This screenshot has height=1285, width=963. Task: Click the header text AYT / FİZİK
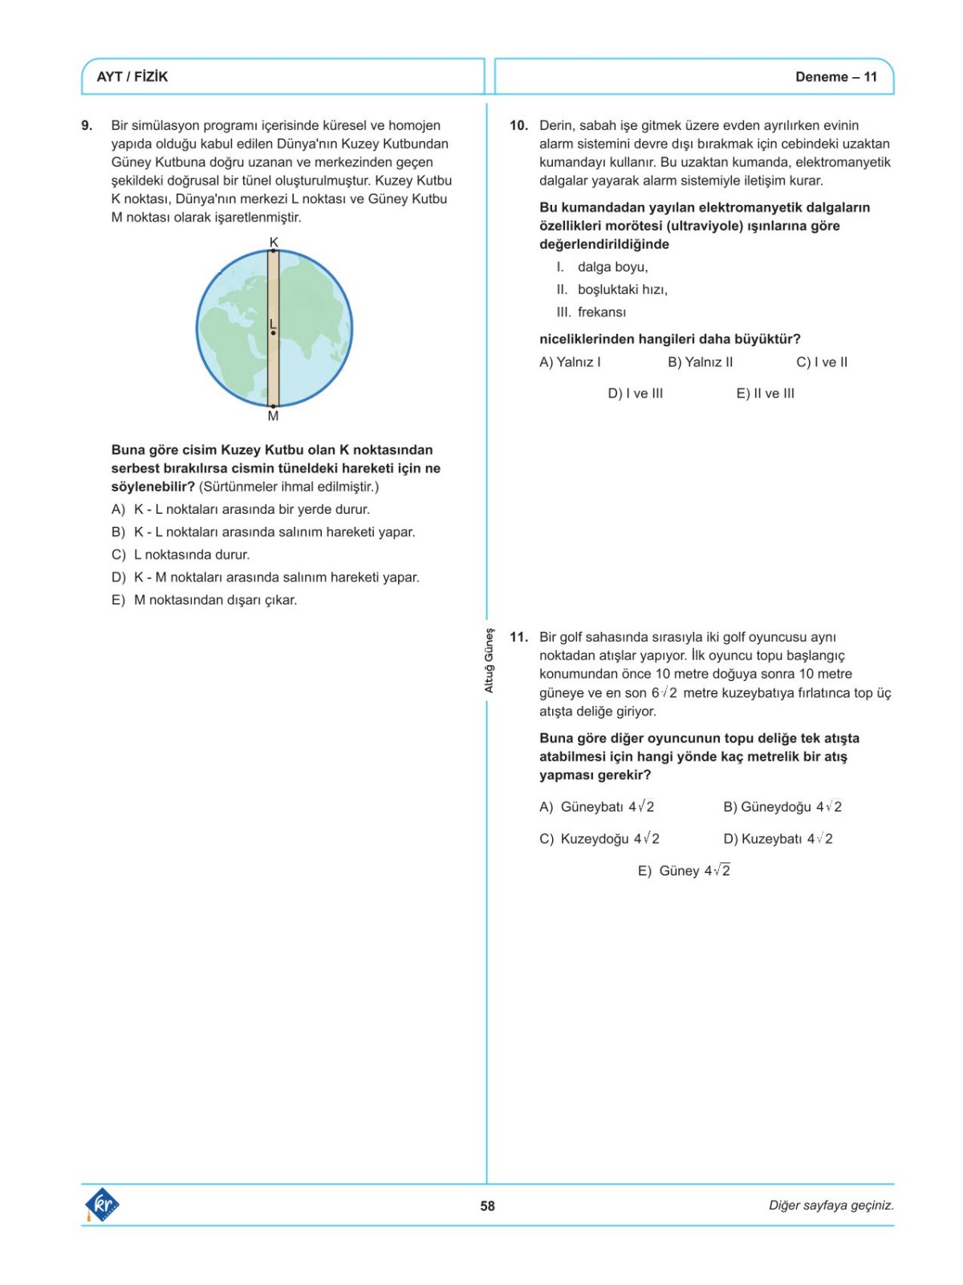point(132,77)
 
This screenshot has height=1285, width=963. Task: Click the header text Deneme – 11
point(835,77)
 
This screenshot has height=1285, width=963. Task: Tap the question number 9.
point(87,125)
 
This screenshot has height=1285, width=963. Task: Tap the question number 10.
point(518,125)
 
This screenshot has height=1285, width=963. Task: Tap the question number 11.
point(518,637)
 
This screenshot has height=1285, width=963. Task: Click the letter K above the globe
point(274,242)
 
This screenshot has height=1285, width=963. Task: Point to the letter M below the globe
point(273,416)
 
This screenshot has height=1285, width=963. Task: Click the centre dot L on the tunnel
point(274,332)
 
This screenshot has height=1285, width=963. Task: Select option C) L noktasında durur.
point(181,554)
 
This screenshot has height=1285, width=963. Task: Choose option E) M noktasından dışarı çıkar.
point(204,600)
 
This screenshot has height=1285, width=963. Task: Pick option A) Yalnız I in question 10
point(570,362)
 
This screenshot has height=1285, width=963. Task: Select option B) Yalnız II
point(700,362)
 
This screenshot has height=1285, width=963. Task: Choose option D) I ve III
point(635,394)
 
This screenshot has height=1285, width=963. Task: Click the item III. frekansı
point(591,312)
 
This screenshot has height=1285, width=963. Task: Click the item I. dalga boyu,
point(602,267)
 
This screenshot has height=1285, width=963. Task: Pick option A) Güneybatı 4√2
point(596,806)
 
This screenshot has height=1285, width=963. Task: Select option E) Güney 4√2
point(684,871)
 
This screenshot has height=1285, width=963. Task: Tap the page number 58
point(487,1205)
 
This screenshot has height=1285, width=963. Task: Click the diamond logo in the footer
point(102,1205)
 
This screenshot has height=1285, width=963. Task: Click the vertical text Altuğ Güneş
point(489,660)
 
